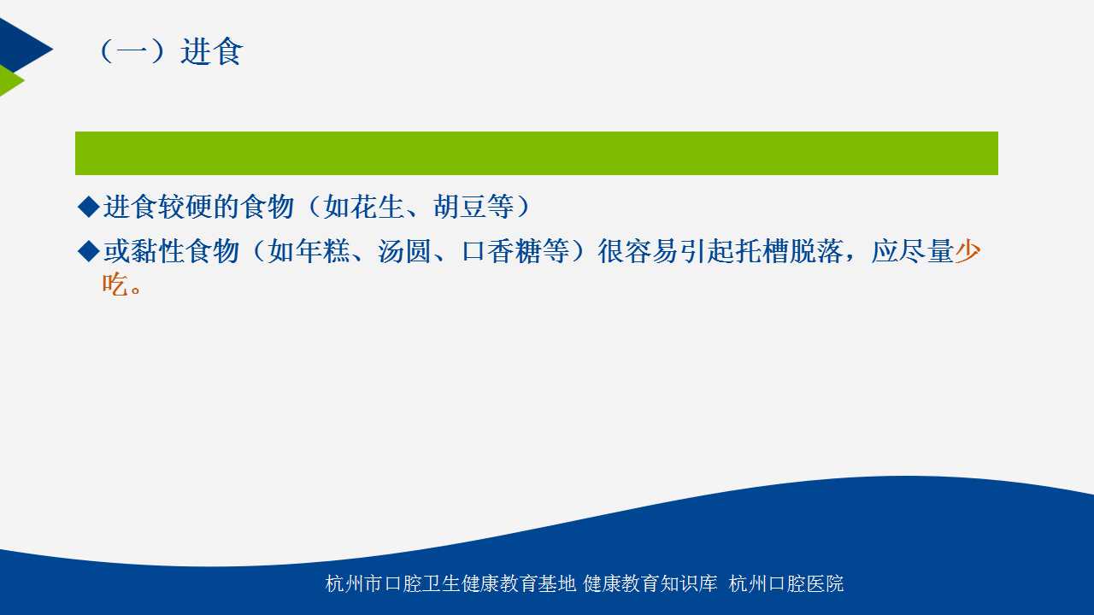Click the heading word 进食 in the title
pyautogui.click(x=211, y=51)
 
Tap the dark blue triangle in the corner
pyautogui.click(x=22, y=46)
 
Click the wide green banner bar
pyautogui.click(x=536, y=153)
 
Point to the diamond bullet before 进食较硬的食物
pyautogui.click(x=89, y=207)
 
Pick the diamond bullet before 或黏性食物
pyautogui.click(x=89, y=251)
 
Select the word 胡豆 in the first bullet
pyautogui.click(x=460, y=207)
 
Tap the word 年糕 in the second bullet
pyautogui.click(x=322, y=251)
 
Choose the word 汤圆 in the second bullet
pyautogui.click(x=405, y=251)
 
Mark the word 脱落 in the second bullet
pyautogui.click(x=818, y=251)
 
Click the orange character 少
pyautogui.click(x=968, y=251)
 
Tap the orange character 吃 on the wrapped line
pyautogui.click(x=115, y=284)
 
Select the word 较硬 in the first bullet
pyautogui.click(x=185, y=207)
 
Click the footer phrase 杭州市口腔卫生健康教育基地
pyautogui.click(x=450, y=583)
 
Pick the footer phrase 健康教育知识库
pyautogui.click(x=650, y=583)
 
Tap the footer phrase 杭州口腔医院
pyautogui.click(x=785, y=583)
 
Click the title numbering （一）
pyautogui.click(x=132, y=51)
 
